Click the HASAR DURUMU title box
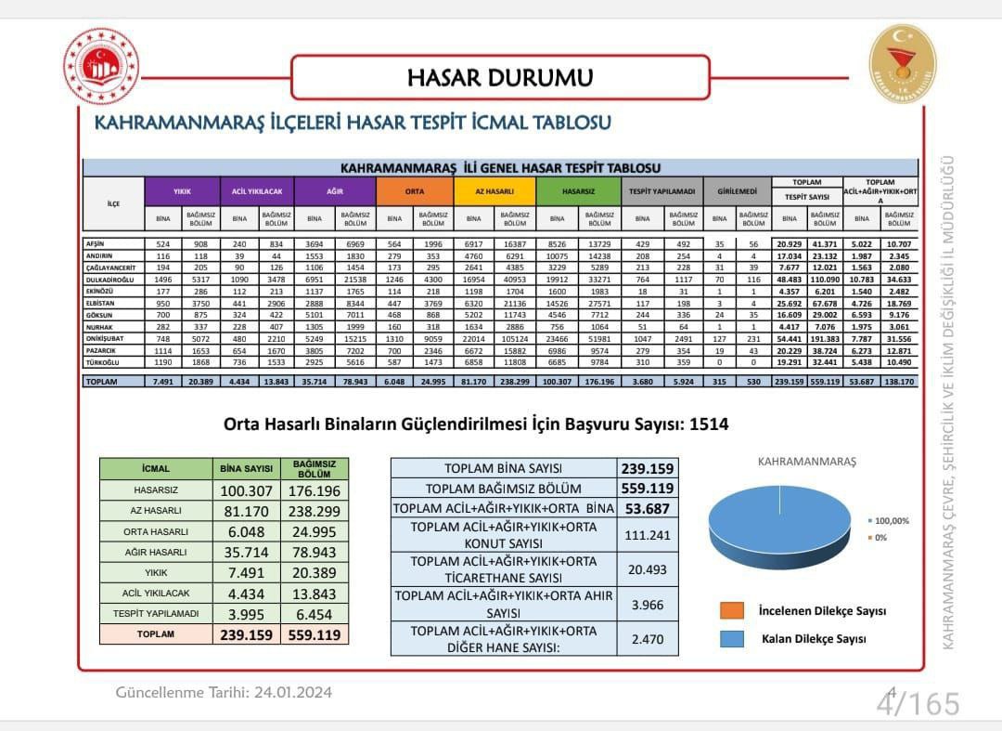point(500,77)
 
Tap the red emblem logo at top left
point(101,66)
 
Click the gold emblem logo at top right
point(902,64)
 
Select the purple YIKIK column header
point(182,191)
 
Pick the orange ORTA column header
point(415,191)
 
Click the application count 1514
point(710,424)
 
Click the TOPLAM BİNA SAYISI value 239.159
point(646,468)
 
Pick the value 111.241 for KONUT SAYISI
point(646,535)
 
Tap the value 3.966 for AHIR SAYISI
point(646,605)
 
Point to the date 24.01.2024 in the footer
point(292,692)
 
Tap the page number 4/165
point(917,703)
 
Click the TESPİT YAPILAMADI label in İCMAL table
point(156,614)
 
